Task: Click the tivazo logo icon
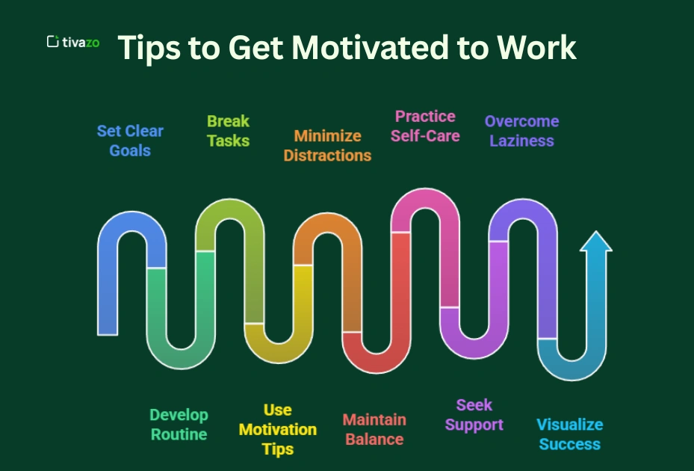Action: (x=53, y=42)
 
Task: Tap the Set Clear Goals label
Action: (x=130, y=141)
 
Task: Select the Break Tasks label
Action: (x=228, y=131)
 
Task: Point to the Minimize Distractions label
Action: (x=327, y=146)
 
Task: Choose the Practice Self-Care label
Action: (x=425, y=126)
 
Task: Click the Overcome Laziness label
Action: (x=521, y=131)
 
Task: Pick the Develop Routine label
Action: (x=179, y=425)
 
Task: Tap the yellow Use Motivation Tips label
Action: (x=277, y=429)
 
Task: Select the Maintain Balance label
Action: (x=374, y=429)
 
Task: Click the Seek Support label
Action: (x=474, y=415)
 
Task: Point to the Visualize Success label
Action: (x=569, y=434)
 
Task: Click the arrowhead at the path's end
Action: (x=595, y=242)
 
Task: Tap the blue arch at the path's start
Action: (x=131, y=224)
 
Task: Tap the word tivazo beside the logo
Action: (x=81, y=43)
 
